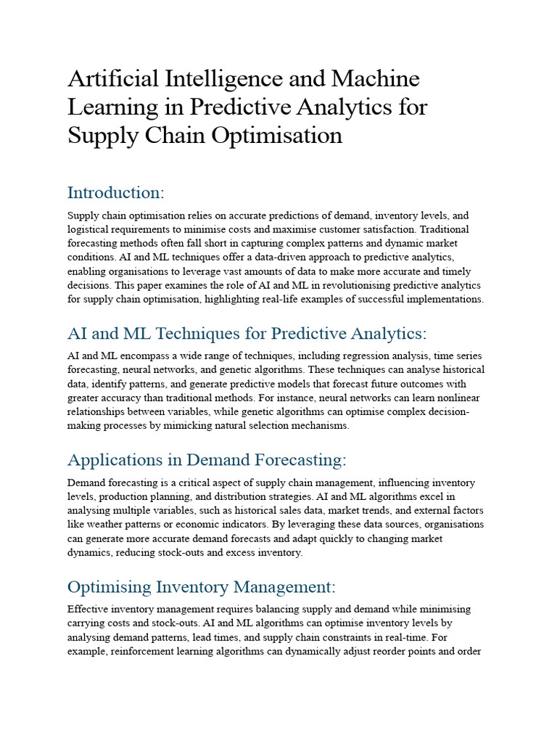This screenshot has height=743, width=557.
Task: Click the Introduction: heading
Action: (116, 193)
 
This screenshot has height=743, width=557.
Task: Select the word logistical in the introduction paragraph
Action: (88, 229)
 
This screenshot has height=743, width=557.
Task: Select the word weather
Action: (102, 524)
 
